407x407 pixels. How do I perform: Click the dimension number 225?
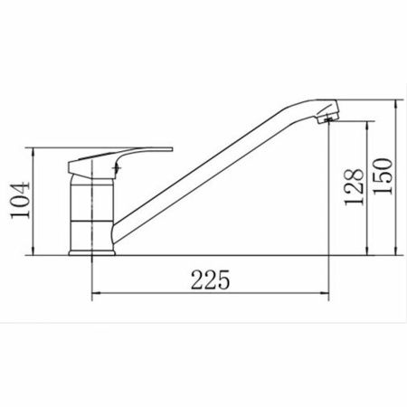point(210,279)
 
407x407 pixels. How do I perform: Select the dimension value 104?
point(20,200)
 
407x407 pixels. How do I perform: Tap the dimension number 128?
point(354,187)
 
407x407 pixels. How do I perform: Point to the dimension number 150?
point(383,176)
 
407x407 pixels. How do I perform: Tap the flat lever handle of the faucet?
point(120,161)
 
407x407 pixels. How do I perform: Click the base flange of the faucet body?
point(92,253)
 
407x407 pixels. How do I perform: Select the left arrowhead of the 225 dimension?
point(96,292)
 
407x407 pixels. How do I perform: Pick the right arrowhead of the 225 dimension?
point(325,292)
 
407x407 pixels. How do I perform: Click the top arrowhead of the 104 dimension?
point(33,152)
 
